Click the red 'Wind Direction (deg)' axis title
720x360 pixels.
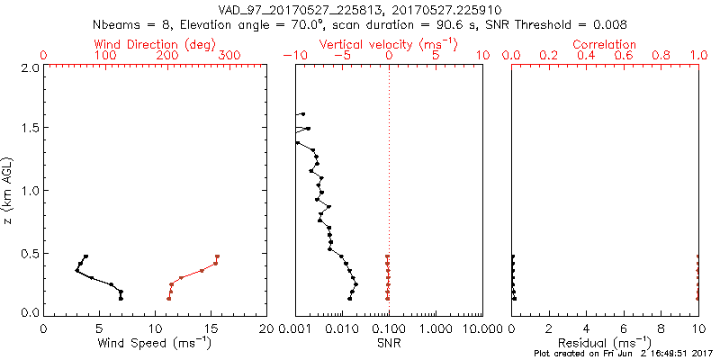click(x=154, y=44)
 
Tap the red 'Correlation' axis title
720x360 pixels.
click(x=605, y=44)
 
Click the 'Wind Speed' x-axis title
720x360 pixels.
click(x=156, y=342)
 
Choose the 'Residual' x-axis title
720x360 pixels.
click(x=605, y=342)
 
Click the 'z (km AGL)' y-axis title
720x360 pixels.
click(x=8, y=189)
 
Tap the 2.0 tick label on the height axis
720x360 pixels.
click(x=31, y=67)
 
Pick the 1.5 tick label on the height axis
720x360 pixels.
click(x=31, y=129)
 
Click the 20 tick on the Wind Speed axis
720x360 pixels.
click(x=266, y=328)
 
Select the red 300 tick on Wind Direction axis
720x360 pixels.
click(x=229, y=56)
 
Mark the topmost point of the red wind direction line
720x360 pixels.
click(x=218, y=256)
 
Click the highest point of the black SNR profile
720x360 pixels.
click(x=303, y=114)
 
